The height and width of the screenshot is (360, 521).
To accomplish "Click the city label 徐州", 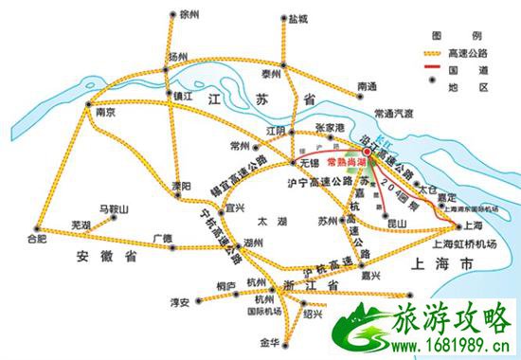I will (x=190, y=15).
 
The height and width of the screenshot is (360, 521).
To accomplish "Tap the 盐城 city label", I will (x=298, y=18).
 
